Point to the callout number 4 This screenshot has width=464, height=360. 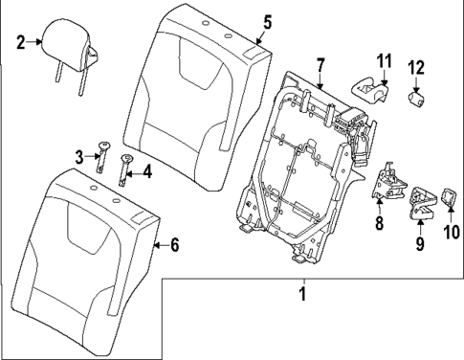(146, 172)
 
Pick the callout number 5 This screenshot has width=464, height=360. (267, 22)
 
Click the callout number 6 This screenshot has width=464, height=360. (173, 245)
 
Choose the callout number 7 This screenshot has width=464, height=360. (321, 65)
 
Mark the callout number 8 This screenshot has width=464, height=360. (379, 224)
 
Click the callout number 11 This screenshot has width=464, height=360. (384, 64)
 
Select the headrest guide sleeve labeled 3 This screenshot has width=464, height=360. (99, 153)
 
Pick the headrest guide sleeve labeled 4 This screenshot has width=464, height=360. (124, 169)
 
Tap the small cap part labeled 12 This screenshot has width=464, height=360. (417, 99)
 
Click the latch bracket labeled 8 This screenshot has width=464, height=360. (389, 180)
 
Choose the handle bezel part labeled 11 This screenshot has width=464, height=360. (368, 89)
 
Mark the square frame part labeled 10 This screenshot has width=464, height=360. (447, 199)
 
